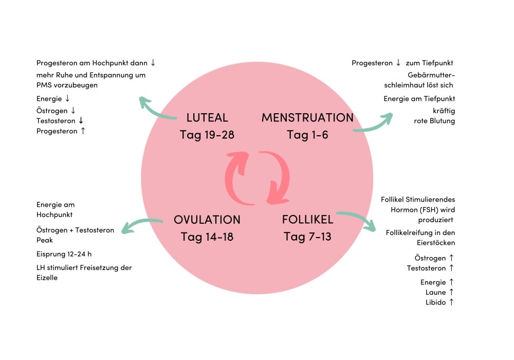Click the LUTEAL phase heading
[x=207, y=118]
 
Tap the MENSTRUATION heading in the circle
[x=307, y=118]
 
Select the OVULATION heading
[x=207, y=220]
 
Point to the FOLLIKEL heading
[x=307, y=220]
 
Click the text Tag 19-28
[x=207, y=135]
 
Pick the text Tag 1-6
[x=307, y=135]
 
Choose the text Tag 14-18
[x=207, y=237]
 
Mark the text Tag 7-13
[x=307, y=237]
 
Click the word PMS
[x=44, y=85]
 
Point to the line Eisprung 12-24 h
[x=64, y=254]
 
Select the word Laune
[x=435, y=292]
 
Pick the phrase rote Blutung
[x=434, y=121]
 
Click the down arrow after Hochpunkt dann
[x=153, y=63]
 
